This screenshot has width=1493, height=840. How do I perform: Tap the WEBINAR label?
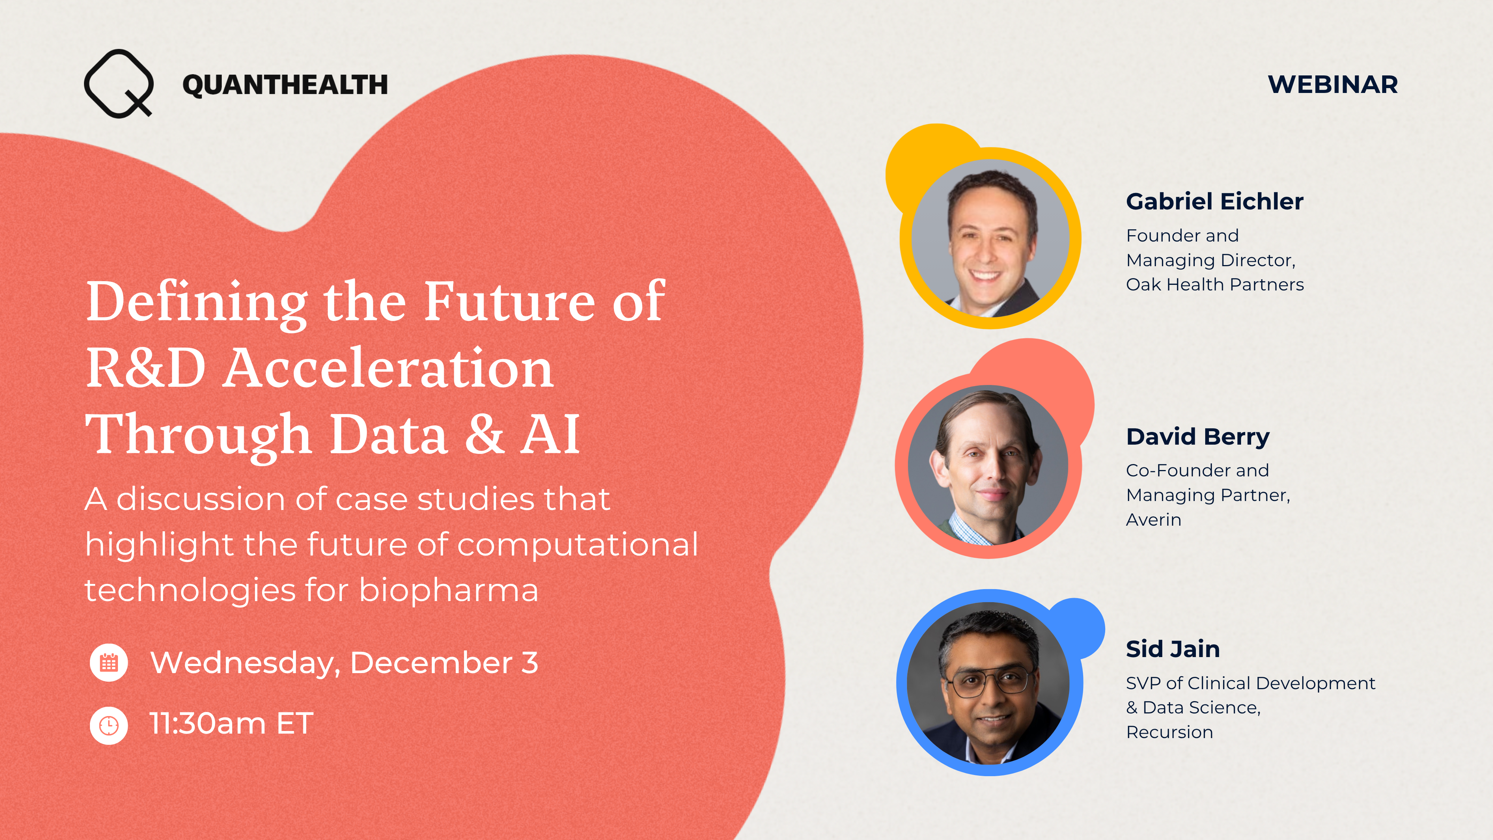click(1333, 85)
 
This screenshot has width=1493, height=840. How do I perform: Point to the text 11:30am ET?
click(231, 724)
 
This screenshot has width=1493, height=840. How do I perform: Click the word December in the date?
click(431, 663)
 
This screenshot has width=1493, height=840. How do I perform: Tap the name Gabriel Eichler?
click(1214, 202)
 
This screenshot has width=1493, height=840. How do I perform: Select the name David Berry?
click(1197, 436)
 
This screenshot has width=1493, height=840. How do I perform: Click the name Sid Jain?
click(1172, 649)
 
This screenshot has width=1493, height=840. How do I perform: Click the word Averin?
click(1153, 520)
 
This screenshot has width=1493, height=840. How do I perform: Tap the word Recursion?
click(1169, 732)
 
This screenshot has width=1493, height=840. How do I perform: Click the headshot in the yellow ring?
click(991, 238)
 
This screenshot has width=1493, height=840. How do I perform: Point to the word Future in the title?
click(509, 301)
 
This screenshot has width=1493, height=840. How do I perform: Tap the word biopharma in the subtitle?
click(449, 590)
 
